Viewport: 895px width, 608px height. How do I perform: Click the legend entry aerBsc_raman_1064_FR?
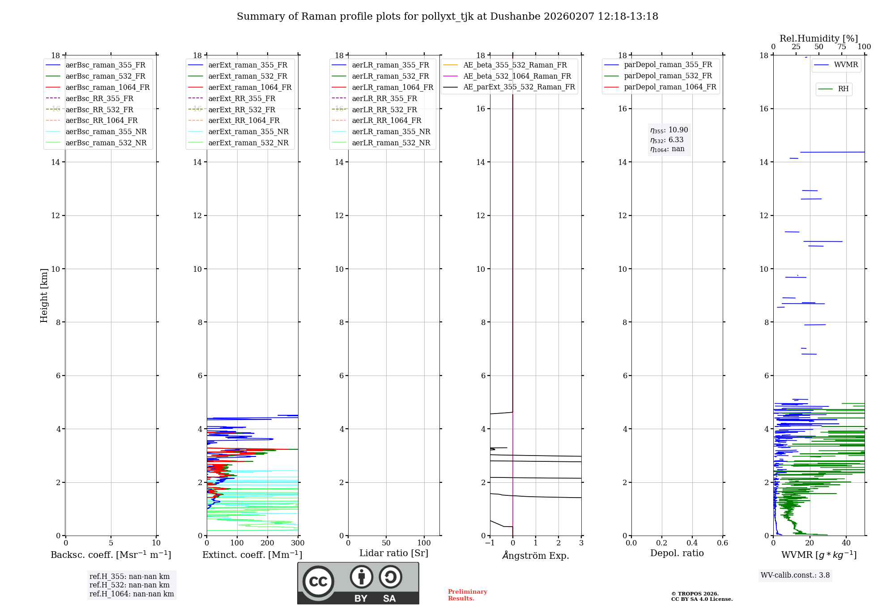(x=107, y=87)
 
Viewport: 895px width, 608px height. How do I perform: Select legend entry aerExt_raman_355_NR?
(x=248, y=131)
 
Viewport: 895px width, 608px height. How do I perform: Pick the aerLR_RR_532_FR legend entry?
(x=384, y=110)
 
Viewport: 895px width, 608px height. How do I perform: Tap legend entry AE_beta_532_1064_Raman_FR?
(x=517, y=76)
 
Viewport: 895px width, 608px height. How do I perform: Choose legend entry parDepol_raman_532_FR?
(x=668, y=76)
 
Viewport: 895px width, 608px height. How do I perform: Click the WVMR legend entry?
(x=846, y=65)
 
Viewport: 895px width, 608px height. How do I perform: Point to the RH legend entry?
(x=843, y=89)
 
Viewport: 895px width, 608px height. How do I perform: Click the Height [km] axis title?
(x=44, y=295)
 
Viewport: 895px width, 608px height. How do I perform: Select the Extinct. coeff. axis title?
(x=252, y=555)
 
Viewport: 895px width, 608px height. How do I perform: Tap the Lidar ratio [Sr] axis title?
(x=394, y=553)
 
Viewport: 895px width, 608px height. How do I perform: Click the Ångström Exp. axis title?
(x=536, y=556)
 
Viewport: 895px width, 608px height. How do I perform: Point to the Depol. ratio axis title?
(x=677, y=553)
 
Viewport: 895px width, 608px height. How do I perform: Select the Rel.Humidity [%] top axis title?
(x=818, y=38)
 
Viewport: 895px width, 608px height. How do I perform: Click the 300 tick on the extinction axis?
(x=298, y=543)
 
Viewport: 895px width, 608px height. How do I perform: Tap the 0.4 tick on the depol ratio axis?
(x=692, y=543)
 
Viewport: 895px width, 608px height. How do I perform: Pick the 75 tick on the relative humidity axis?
(x=841, y=47)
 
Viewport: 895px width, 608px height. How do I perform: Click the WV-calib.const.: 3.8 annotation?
(x=795, y=575)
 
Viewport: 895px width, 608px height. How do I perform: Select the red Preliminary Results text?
(x=467, y=595)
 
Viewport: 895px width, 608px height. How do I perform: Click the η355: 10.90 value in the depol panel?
(x=669, y=130)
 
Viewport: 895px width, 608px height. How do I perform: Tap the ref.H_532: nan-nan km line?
(x=129, y=585)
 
